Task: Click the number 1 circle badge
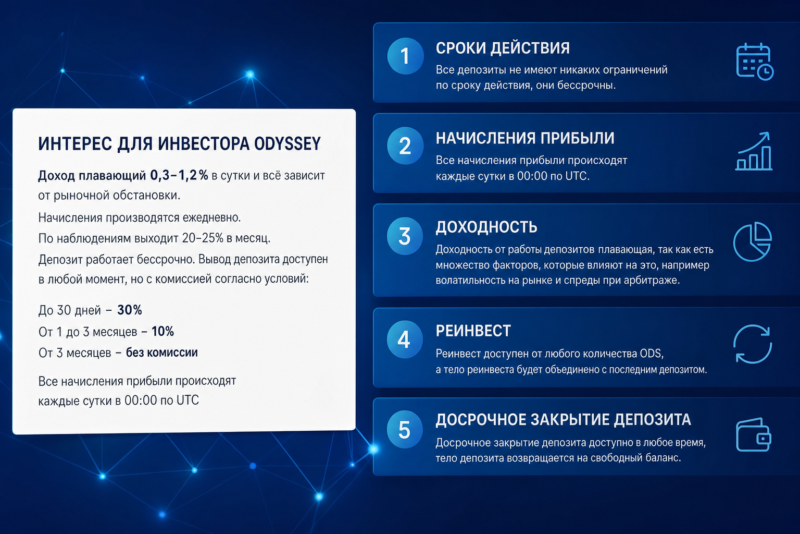click(405, 56)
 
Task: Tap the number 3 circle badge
click(405, 236)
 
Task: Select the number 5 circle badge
click(405, 430)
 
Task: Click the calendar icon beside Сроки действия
click(754, 62)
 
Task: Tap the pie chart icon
click(753, 242)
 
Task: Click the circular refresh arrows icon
click(753, 344)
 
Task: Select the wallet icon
click(754, 434)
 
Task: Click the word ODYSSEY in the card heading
click(287, 144)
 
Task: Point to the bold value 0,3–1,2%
click(179, 175)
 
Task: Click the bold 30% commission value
click(130, 310)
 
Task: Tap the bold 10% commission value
click(162, 331)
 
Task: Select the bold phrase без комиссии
click(162, 353)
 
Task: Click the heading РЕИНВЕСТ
click(473, 331)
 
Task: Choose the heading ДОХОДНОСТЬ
click(486, 227)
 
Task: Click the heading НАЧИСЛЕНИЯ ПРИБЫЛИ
click(525, 138)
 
